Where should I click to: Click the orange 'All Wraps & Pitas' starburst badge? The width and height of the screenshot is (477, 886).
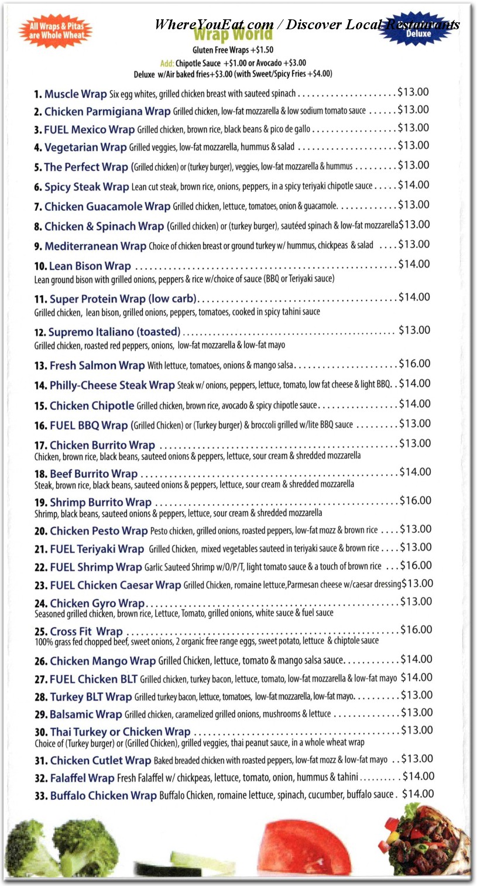tap(55, 31)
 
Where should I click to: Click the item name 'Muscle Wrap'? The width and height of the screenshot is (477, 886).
tap(76, 94)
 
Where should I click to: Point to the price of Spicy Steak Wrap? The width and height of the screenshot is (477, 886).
tap(414, 185)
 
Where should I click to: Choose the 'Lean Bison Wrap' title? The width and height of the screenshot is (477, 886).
tap(90, 266)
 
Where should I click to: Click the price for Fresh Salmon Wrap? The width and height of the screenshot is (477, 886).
tap(414, 364)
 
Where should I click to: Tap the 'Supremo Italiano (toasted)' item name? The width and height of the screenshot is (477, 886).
tap(114, 332)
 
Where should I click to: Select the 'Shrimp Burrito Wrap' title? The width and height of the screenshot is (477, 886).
tap(101, 502)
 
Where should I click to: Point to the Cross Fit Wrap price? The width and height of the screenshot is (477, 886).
tap(416, 630)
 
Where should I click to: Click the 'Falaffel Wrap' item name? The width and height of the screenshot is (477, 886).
tap(82, 778)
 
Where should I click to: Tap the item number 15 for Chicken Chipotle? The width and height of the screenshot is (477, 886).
tap(40, 406)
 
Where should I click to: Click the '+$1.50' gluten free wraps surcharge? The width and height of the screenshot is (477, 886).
tap(261, 50)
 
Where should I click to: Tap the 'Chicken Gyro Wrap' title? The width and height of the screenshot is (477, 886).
tap(97, 603)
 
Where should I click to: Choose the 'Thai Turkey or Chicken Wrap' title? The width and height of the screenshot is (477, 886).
tap(120, 732)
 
